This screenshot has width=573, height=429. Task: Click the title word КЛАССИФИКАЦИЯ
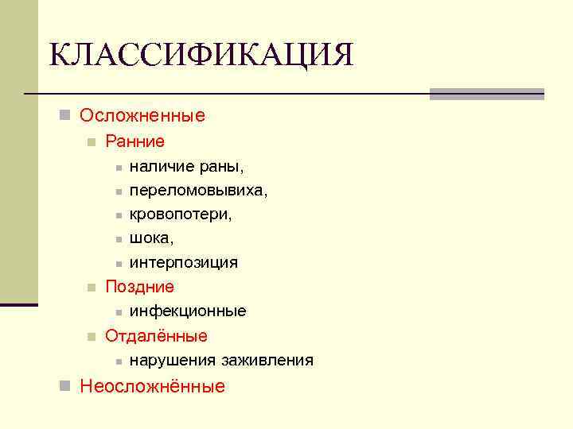pos(201,56)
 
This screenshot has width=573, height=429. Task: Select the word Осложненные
pos(142,116)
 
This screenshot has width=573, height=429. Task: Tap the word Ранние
pos(134,142)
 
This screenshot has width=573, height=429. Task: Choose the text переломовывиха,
pos(198,191)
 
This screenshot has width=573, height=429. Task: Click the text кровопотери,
pos(181,214)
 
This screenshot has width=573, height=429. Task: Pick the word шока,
pos(151,238)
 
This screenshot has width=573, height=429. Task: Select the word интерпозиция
pos(183,263)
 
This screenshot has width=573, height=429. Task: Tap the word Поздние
pos(139,287)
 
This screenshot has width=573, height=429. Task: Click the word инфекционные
pos(188,311)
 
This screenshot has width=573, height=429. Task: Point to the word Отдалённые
pos(156,336)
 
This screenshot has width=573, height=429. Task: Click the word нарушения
pos(166,361)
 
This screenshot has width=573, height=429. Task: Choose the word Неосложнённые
pos(152,387)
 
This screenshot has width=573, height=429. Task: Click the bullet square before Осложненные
pos(65,116)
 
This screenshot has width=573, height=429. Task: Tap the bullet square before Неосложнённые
pos(65,387)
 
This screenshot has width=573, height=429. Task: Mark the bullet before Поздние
pos(92,288)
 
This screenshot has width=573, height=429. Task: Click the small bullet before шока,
pos(116,239)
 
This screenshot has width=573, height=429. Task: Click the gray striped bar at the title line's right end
pos(486,94)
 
